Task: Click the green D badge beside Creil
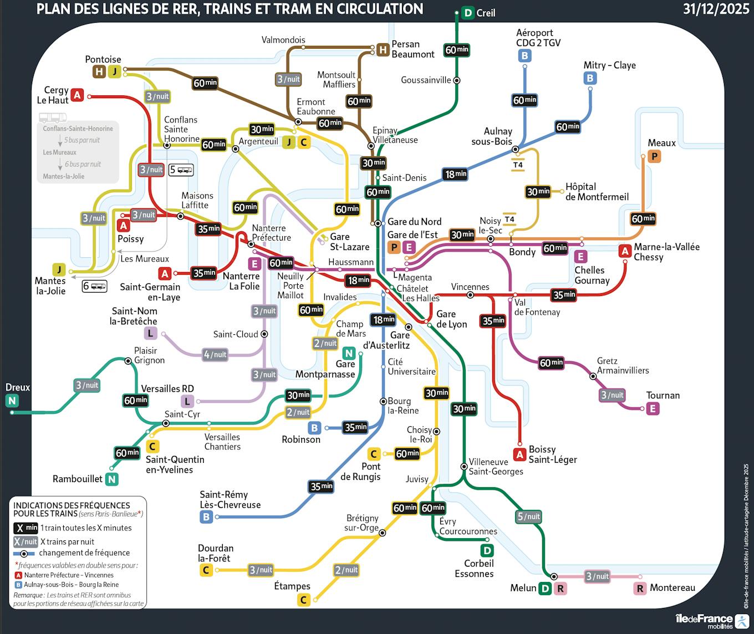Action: coord(468,13)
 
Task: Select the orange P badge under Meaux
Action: coord(654,157)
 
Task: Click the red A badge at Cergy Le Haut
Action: coord(78,95)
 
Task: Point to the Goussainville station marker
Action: coord(457,80)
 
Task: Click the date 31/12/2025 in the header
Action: coord(716,9)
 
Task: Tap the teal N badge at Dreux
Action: coord(12,401)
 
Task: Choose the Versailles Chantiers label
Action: coord(222,442)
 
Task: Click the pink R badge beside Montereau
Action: coord(640,589)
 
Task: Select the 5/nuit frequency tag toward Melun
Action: coord(528,517)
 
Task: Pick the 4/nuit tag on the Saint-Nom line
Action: coord(215,355)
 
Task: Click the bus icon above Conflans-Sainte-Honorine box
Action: coord(53,117)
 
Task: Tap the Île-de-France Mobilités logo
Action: coord(712,621)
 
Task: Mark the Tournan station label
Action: coord(663,395)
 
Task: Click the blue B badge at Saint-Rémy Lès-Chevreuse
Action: coord(206,517)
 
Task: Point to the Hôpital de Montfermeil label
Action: coord(597,192)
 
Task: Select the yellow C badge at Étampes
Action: coord(304,600)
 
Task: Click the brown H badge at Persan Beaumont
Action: coord(383,50)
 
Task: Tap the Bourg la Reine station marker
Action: coord(383,401)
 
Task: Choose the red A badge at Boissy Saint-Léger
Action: coord(519,455)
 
